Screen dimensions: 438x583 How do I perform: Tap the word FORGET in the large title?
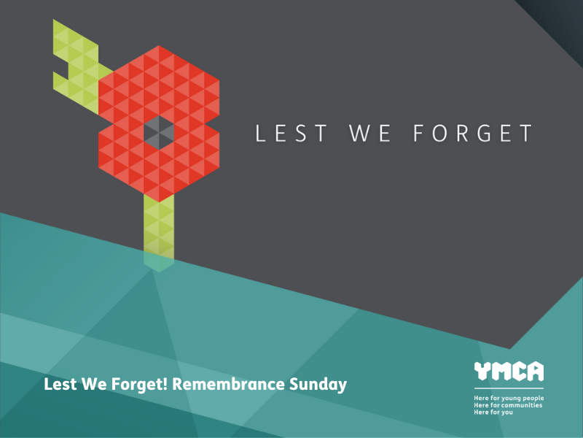pyautogui.click(x=473, y=134)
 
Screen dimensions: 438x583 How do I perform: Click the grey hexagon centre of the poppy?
pyautogui.click(x=159, y=131)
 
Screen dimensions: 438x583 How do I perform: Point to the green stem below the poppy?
pyautogui.click(x=159, y=226)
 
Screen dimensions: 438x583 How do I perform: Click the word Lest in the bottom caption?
pyautogui.click(x=58, y=383)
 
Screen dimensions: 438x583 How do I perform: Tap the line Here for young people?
pyautogui.click(x=509, y=398)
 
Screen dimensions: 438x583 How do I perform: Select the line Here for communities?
pyautogui.click(x=508, y=405)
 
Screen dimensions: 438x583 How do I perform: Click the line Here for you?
pyautogui.click(x=493, y=412)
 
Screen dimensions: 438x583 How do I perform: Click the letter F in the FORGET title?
pyautogui.click(x=418, y=134)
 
